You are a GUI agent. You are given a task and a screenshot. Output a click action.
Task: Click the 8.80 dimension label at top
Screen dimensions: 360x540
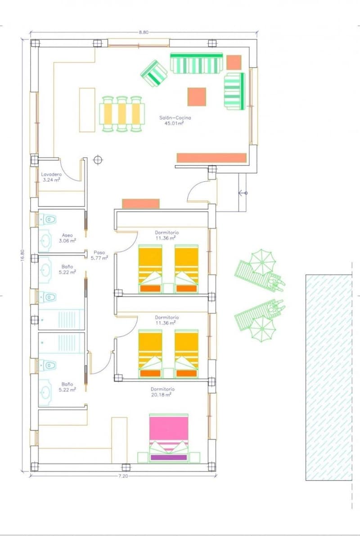tap(144, 32)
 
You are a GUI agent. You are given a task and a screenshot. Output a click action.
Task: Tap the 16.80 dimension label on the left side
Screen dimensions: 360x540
tap(22, 255)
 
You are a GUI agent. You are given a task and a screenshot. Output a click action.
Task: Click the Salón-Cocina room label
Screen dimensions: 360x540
tap(175, 117)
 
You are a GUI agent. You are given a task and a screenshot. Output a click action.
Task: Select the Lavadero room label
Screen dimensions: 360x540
tap(51, 174)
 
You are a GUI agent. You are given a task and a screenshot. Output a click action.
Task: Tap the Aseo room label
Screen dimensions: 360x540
tap(67, 235)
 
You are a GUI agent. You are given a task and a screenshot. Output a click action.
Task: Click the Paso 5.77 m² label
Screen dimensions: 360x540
tap(99, 255)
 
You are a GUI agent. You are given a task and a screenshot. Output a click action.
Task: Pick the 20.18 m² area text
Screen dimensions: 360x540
tap(161, 395)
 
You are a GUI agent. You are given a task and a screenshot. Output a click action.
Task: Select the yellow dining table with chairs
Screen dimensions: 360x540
tap(122, 114)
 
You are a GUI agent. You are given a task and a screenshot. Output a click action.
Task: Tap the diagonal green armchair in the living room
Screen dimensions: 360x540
tap(154, 73)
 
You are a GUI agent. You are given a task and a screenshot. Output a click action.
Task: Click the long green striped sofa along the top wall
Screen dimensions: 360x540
tap(197, 63)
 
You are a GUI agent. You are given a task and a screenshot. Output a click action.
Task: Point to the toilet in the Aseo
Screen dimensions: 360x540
tap(48, 220)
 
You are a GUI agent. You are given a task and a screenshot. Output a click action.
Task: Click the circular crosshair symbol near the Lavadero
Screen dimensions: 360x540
tap(98, 160)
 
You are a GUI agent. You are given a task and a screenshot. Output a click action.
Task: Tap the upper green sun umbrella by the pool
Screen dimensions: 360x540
tap(262, 262)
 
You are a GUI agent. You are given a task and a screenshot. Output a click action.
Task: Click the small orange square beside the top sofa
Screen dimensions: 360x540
tap(234, 63)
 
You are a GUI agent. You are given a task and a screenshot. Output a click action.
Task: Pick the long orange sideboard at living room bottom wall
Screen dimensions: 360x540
tap(211, 158)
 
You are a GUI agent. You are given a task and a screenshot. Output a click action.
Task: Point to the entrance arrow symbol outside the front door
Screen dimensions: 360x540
tap(243, 193)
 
